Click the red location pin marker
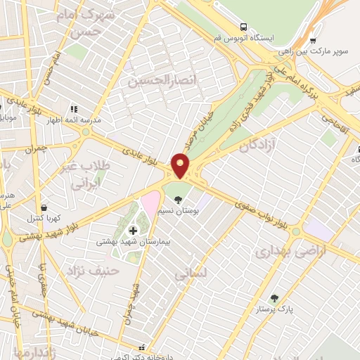coord(181,166)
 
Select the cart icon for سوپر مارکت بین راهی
coord(313,40)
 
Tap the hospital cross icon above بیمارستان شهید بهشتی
coord(133,230)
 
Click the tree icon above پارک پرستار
coord(274,298)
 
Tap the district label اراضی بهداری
coord(281,251)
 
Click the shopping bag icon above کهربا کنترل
coord(46,208)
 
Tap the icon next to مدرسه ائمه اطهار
coord(75,110)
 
